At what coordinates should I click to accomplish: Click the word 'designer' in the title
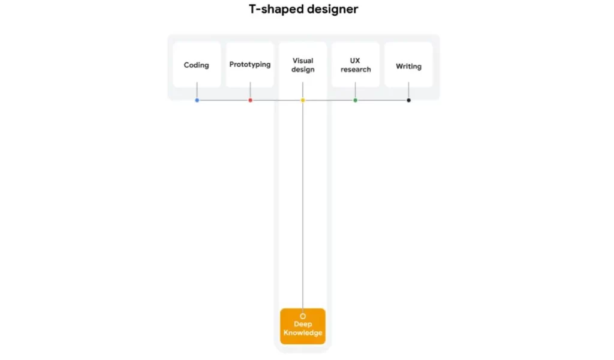332,10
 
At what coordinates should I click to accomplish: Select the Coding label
196,65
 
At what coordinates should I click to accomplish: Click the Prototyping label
250,64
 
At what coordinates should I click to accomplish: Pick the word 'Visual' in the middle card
303,61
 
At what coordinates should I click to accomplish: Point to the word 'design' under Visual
303,70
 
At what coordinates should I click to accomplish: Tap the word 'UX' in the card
355,61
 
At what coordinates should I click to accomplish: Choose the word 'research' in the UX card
356,70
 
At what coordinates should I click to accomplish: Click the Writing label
408,67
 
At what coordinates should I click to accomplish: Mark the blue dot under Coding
197,100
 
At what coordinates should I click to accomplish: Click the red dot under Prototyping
250,100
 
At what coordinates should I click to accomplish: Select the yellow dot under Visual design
303,100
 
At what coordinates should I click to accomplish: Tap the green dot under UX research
355,100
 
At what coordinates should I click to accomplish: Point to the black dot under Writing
408,100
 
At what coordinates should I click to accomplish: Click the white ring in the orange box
303,313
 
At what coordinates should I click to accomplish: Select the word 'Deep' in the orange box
303,324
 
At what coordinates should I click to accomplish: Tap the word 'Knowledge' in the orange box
303,333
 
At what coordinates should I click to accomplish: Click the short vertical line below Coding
197,90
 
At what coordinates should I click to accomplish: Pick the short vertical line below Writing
408,90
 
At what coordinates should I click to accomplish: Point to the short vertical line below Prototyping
250,90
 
